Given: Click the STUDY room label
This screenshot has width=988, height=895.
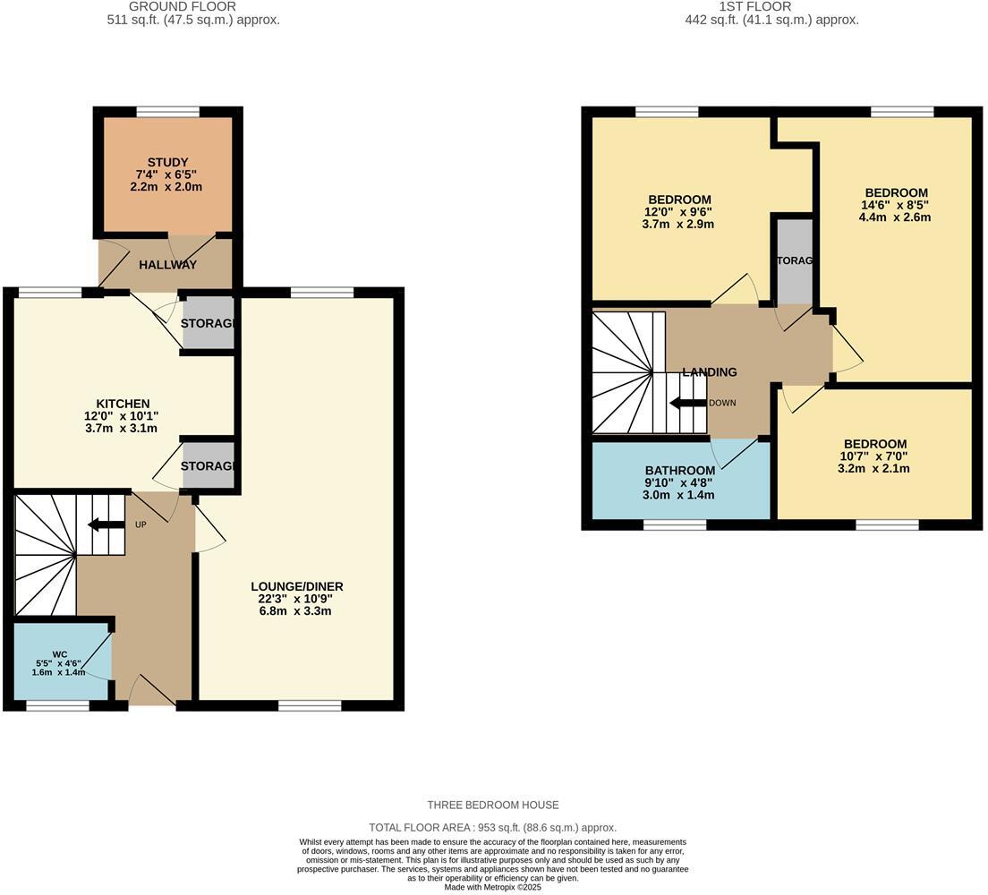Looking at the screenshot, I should coord(167,162).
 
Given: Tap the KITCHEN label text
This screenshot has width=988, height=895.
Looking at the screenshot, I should coord(123,404).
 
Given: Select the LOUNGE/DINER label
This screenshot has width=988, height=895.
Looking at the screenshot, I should coord(296,586).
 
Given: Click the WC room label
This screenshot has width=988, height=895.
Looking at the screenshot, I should coord(60,654).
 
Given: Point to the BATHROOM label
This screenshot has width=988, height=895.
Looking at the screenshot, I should coord(680,471).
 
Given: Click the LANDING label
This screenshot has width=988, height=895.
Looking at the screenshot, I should coord(710,372).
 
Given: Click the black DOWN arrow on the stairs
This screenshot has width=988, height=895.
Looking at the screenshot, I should coord(687,403).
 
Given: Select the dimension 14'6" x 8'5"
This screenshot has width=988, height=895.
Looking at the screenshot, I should coord(895,205).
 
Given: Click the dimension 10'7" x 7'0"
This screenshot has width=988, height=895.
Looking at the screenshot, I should coord(874,456).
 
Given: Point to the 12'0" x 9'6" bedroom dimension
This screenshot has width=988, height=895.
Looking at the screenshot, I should coord(679,212).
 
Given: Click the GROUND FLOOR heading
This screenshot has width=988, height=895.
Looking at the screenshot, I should coord(192,6).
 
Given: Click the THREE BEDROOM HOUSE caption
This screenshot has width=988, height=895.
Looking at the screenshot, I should coord(493,805).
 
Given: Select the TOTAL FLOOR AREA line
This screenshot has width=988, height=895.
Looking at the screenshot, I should coord(493,828).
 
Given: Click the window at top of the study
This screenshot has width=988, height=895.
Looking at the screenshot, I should coord(167,112).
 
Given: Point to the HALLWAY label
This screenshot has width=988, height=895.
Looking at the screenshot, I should coord(167,265).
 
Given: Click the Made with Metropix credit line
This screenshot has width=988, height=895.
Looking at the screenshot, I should coord(493,887).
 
